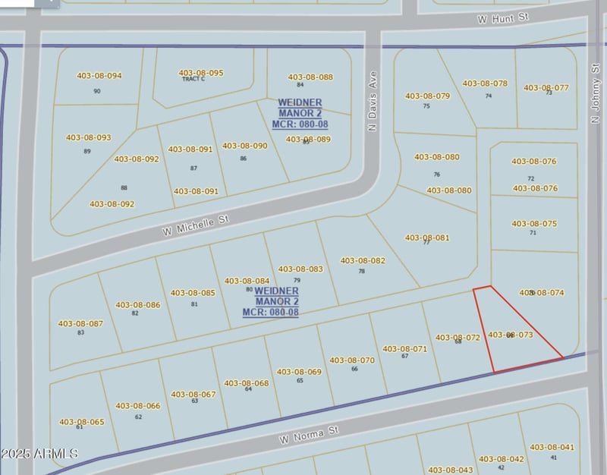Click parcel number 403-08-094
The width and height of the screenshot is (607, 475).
point(99,76)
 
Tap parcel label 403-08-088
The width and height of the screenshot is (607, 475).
point(310,77)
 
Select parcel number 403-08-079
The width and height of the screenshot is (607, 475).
point(428,96)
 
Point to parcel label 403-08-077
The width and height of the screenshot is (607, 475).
point(546,88)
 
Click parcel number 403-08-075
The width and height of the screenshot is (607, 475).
point(534,224)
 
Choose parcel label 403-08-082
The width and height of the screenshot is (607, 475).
point(363,260)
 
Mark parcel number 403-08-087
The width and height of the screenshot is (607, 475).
point(80,324)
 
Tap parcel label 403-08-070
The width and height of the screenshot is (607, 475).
point(352,360)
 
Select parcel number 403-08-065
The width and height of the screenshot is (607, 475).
point(81,422)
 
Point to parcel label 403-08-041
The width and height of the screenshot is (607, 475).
point(552,448)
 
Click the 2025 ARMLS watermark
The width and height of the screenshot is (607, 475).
point(39,454)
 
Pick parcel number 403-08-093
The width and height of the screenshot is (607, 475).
point(89,138)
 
